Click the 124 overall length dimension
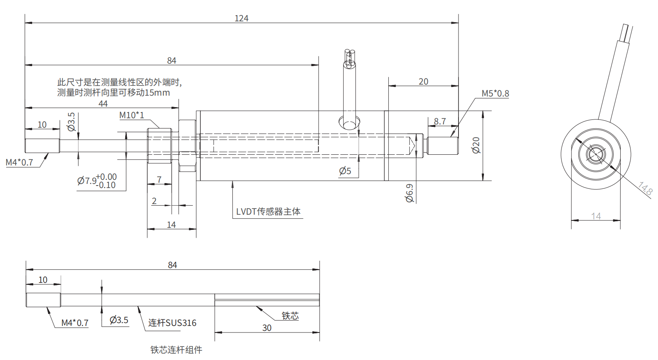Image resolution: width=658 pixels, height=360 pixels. coord(241,18)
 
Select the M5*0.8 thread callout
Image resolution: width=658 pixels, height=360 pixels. coord(495,94)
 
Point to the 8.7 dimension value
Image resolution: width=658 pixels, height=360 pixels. coord(440,122)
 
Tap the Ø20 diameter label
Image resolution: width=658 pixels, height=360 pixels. coord(476,145)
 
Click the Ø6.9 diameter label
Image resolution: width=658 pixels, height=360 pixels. coord(410,193)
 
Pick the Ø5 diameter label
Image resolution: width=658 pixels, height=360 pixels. coord(345,171)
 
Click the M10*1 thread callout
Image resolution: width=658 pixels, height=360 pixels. coord(132,115)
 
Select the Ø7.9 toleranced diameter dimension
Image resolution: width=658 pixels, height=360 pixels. coord(97,181)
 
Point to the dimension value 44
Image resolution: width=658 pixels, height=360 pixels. coord(103,104)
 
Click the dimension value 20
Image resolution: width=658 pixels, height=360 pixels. coord(423,82)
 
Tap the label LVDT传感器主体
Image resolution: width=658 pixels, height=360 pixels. coord(268,212)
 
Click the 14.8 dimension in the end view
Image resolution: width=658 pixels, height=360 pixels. coord(645,188)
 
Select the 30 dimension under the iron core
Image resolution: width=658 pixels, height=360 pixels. coord(267,328)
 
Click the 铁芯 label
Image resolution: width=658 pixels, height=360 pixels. coord(290,316)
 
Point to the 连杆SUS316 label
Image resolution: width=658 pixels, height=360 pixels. coord(172,323)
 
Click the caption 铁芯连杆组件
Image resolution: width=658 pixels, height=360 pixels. coord(176,350)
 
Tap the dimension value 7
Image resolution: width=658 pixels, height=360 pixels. coord(159,179)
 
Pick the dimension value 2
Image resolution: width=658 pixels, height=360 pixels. coord(154,201)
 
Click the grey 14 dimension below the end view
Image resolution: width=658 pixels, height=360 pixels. coord(596,216)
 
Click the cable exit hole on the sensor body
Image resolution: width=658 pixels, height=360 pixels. coord(349,123)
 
